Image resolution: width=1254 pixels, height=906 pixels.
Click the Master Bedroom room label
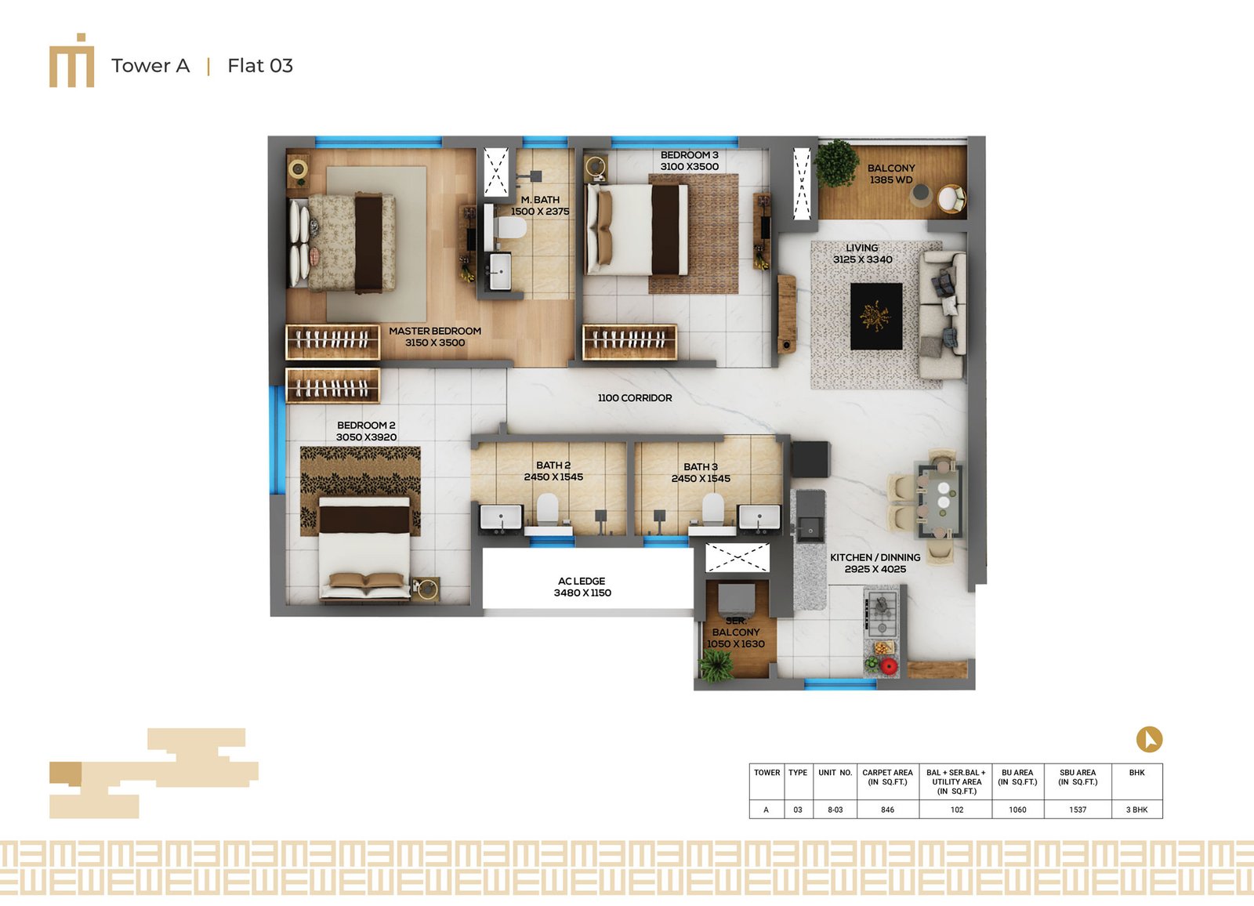435,331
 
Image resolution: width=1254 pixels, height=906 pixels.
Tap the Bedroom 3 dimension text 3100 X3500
689,166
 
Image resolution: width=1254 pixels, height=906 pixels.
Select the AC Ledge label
582,582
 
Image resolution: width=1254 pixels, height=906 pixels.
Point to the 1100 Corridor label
635,397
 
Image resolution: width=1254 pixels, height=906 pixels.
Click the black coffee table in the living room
876,316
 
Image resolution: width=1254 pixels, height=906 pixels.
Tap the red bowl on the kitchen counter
889,666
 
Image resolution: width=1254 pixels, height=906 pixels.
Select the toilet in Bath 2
548,509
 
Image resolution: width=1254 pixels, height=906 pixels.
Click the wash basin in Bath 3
759,517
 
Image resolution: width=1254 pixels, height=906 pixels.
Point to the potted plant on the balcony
835,163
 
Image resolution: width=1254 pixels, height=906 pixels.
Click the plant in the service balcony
716,666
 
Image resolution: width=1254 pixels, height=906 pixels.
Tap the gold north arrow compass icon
1149,739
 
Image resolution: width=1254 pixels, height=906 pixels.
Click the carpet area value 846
887,810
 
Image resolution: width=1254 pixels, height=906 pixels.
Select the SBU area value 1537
1078,810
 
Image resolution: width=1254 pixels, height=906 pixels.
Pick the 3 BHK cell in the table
1136,810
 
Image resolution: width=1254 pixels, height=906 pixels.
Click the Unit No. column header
835,773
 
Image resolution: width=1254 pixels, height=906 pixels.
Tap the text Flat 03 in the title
260,66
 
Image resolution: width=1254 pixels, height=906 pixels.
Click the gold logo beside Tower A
71,60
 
